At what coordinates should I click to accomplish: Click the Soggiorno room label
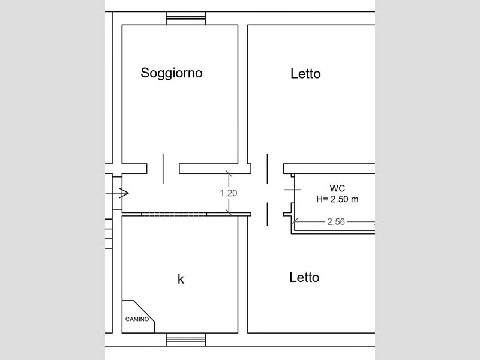click(x=172, y=73)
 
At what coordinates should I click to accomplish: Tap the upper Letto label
click(x=305, y=74)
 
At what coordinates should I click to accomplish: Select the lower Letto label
click(x=304, y=278)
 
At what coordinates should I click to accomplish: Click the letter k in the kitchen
click(x=181, y=279)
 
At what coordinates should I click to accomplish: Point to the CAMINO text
click(x=137, y=319)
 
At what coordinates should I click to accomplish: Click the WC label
click(x=337, y=188)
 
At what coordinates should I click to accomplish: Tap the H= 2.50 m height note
click(x=337, y=199)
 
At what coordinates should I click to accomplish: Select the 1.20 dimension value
click(x=229, y=193)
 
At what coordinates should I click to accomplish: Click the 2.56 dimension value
click(x=336, y=221)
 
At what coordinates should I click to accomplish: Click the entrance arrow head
click(x=124, y=193)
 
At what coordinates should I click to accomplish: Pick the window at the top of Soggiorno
click(x=186, y=19)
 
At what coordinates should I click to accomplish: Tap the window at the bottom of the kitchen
click(x=186, y=340)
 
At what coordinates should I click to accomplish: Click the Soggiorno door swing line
click(x=163, y=169)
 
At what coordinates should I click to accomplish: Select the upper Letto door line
click(x=267, y=169)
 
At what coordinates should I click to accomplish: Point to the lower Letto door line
click(x=267, y=214)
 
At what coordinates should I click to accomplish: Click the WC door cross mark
click(x=293, y=190)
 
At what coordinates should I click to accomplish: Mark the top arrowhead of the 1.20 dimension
click(x=229, y=174)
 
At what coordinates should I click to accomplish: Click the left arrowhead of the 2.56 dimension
click(x=294, y=221)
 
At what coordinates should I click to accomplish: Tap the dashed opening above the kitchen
click(x=174, y=214)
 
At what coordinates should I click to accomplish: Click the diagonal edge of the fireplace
click(x=144, y=311)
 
